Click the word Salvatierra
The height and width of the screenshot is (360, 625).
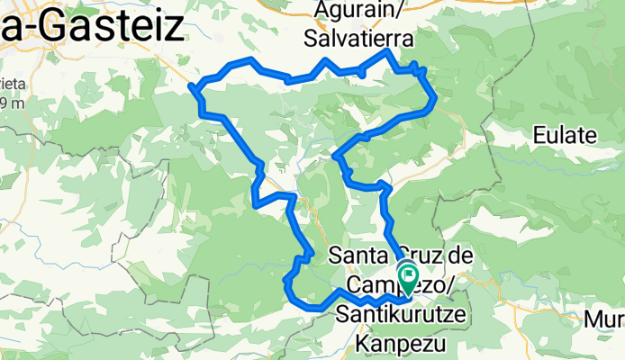tap(358, 40)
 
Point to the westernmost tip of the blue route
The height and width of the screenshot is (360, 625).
tap(192, 86)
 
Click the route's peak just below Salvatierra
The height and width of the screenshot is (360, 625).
tap(388, 52)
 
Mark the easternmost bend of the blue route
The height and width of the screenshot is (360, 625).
tap(435, 97)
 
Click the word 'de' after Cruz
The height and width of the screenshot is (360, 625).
tap(460, 256)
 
